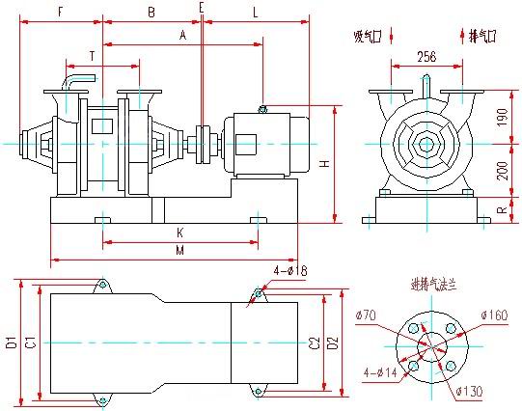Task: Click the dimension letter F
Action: pos(60,13)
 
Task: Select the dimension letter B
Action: pos(151,13)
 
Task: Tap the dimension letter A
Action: pos(182,35)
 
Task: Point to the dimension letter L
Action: pos(255,13)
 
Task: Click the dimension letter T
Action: pos(92,56)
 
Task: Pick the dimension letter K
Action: pos(180,233)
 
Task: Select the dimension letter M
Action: pos(180,251)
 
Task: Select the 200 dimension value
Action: pos(500,170)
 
